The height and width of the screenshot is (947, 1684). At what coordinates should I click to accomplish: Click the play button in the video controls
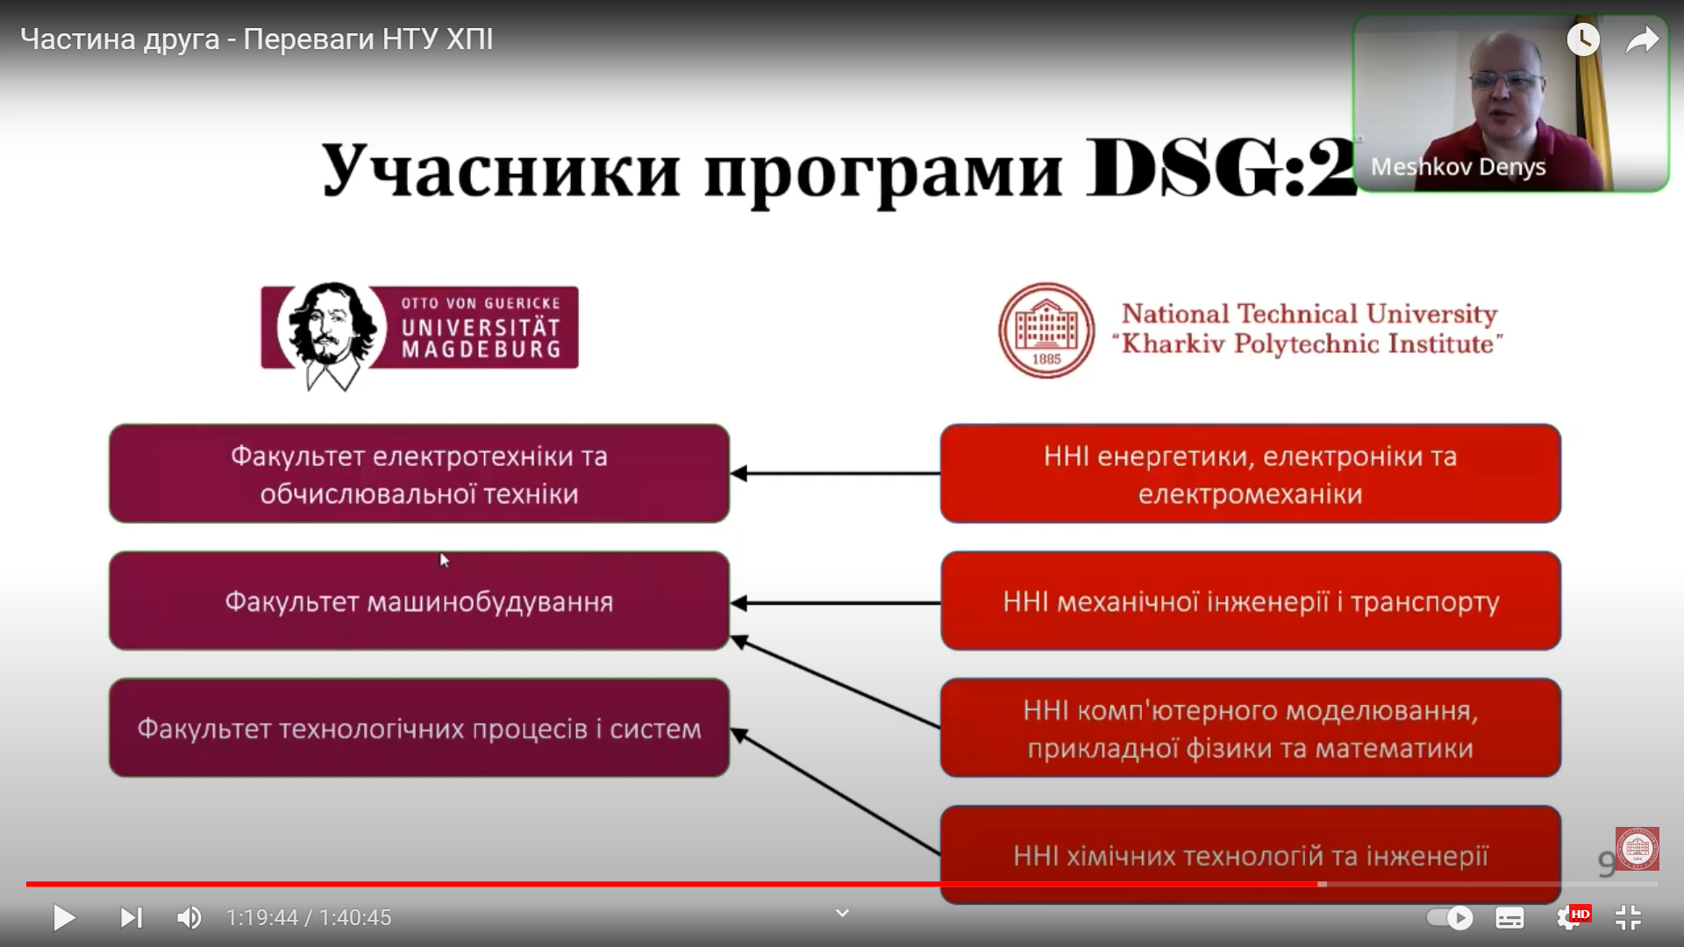point(64,918)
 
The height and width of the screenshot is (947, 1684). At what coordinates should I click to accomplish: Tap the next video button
point(131,918)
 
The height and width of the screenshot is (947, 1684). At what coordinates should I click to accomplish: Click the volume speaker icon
point(189,918)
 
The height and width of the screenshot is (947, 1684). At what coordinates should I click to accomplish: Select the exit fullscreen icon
point(1628,918)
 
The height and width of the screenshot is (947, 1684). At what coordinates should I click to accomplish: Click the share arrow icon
point(1642,40)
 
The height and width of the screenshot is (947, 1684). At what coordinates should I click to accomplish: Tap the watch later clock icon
point(1583,39)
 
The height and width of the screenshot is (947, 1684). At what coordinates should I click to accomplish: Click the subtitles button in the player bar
point(1509,918)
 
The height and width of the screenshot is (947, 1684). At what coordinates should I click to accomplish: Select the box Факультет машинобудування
point(419,601)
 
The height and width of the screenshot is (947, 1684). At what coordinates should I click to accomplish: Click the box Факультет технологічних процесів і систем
point(419,728)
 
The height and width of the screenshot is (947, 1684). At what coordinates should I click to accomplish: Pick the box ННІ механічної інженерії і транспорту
point(1251,601)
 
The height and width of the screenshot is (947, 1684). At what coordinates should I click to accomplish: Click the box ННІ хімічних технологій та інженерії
point(1251,855)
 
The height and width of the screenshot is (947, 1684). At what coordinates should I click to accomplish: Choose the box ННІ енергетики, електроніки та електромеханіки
point(1251,473)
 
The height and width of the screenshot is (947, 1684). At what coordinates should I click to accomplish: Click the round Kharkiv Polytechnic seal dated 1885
point(1046,331)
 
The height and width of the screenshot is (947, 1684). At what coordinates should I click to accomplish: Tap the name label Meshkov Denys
point(1458,167)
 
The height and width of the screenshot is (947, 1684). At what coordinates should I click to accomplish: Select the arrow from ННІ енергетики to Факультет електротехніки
point(835,473)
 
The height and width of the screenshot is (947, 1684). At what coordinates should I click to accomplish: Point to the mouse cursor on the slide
point(445,560)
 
